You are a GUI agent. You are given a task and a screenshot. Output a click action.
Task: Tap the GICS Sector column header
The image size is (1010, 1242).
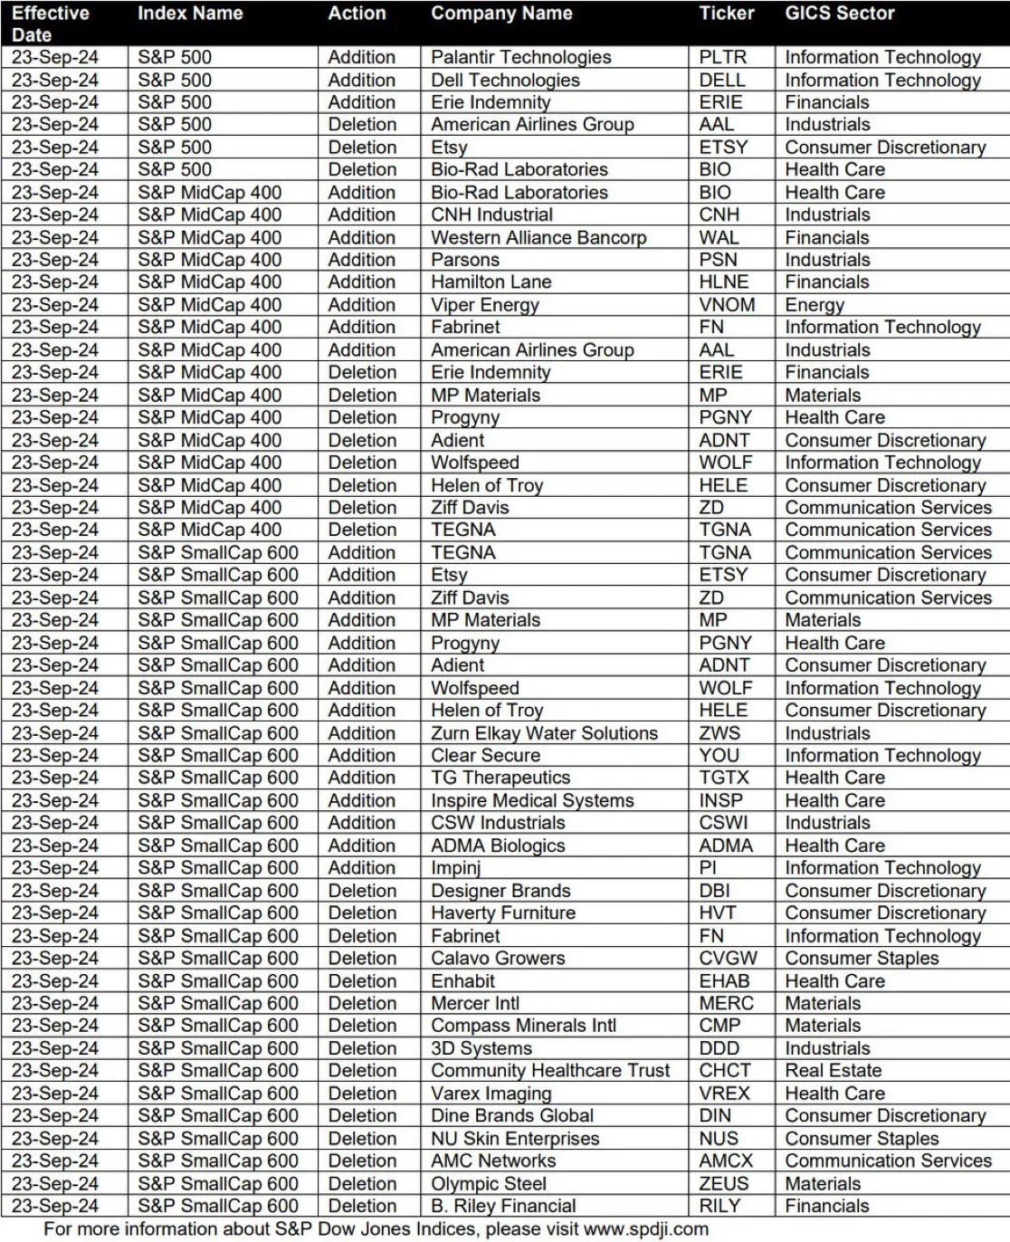pos(839,14)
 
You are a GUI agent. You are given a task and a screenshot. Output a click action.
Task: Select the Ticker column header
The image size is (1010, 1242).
pos(726,14)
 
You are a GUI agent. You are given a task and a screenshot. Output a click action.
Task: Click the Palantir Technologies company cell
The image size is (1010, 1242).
pos(520,57)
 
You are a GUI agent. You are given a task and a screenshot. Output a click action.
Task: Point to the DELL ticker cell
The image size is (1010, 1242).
pos(722,80)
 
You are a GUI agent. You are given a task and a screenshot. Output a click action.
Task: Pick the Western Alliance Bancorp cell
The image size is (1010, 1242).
pos(538,237)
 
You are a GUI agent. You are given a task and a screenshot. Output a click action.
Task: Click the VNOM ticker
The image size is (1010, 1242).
pos(727,305)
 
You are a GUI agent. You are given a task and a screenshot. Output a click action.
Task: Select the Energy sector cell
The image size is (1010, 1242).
pos(815,305)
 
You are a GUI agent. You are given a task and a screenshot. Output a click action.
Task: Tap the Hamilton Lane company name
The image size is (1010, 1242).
pos(491,282)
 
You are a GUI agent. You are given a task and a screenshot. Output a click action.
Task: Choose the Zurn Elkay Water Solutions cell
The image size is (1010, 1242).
pos(544,733)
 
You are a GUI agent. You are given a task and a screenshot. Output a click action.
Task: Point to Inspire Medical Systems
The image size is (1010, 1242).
pos(532,800)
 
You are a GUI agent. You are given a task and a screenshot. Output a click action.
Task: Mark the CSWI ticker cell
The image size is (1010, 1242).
pos(723,823)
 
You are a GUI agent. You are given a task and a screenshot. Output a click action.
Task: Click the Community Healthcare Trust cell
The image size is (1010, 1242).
pos(550,1070)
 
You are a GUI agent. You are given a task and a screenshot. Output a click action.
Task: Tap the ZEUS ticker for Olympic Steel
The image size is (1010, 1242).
pos(724,1183)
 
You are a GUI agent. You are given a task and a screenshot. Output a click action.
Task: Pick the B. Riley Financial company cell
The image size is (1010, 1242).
pos(503,1206)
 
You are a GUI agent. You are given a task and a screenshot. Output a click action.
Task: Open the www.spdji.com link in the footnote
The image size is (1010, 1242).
pos(645,1228)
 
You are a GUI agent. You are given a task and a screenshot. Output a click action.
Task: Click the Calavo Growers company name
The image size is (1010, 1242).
pos(498,958)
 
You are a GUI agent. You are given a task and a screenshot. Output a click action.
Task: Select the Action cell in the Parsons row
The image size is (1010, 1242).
pos(361,260)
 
